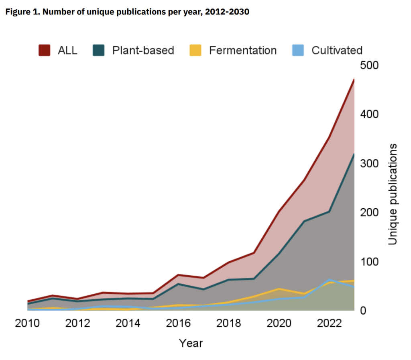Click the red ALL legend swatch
point(45,50)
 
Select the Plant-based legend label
point(143,50)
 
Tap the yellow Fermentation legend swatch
point(195,50)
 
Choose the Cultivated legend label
point(337,50)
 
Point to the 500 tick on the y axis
point(370,65)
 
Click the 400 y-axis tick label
point(370,114)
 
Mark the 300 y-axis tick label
point(370,163)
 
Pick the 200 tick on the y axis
point(370,212)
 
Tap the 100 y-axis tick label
point(370,262)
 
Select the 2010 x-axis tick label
point(28,324)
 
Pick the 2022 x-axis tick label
point(329,324)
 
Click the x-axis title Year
point(191,343)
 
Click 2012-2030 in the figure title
point(229,12)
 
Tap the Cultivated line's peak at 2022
point(329,280)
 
